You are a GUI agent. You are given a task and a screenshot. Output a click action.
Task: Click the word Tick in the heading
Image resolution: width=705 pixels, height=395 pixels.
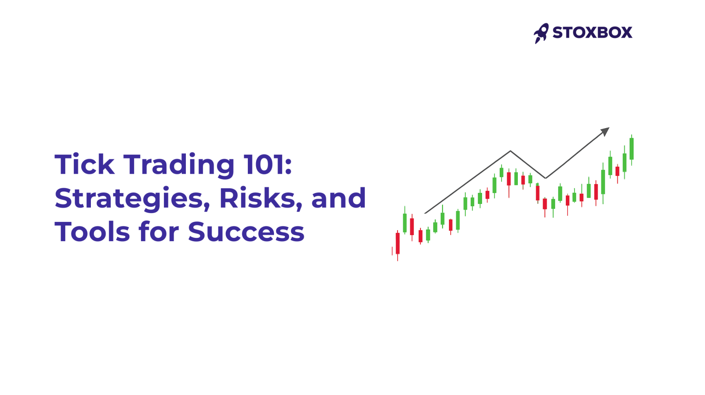pos(84,164)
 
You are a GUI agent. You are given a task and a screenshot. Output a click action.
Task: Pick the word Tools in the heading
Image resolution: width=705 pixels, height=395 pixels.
pos(92,232)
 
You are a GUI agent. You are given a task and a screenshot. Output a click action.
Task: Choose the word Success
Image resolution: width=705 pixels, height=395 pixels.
pos(246,232)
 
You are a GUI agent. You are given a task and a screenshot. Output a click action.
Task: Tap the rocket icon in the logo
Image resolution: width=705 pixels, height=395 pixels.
pos(541,33)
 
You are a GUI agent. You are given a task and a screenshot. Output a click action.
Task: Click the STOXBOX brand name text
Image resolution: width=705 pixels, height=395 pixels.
pos(592,33)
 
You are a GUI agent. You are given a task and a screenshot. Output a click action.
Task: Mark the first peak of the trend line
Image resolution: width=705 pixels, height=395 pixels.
pos(510,151)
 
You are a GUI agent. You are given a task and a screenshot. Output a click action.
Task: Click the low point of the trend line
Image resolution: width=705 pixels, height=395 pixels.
pos(545,178)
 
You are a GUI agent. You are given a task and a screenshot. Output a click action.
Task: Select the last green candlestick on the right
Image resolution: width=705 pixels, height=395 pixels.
pos(632,149)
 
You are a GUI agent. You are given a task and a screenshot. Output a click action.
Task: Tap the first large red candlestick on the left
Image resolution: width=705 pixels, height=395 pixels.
pos(397,243)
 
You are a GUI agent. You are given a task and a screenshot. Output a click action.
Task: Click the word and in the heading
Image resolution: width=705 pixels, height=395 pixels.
pos(338,198)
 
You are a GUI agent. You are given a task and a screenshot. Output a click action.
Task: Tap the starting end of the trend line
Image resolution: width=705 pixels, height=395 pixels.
pos(425,213)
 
